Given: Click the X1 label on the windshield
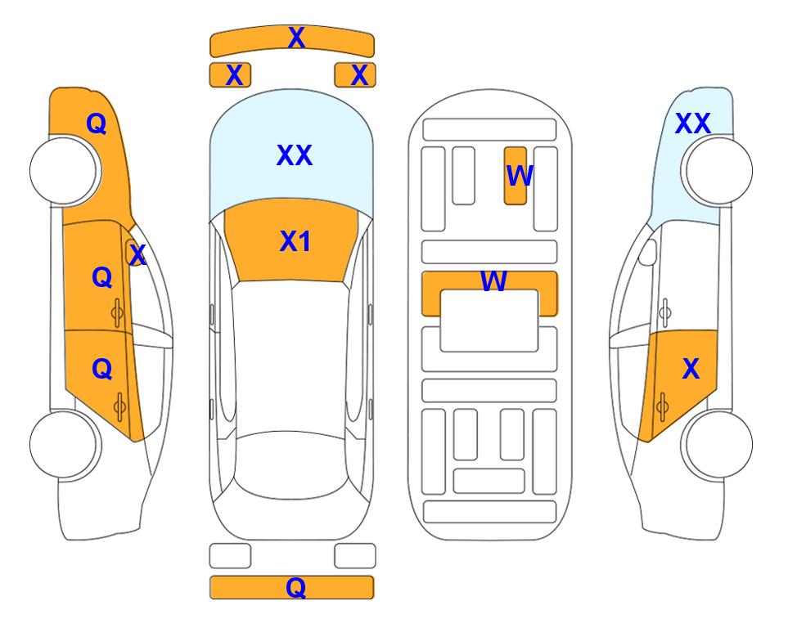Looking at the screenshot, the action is (x=295, y=241).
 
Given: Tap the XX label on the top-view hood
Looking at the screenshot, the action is (x=295, y=155).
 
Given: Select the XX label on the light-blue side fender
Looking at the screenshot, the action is (x=692, y=123).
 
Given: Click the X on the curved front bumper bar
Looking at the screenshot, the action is (x=296, y=38).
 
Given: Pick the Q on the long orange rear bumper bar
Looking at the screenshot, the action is (x=295, y=587).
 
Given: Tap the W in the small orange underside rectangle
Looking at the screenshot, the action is (x=519, y=175).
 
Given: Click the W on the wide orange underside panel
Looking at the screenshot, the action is (x=493, y=280).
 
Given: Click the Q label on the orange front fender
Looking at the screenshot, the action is (x=97, y=123).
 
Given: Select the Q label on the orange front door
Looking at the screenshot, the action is (x=102, y=277).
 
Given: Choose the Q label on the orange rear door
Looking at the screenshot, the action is (x=102, y=370).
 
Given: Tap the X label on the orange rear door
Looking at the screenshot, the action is (x=691, y=369).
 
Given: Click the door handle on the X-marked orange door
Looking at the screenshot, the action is (x=662, y=406).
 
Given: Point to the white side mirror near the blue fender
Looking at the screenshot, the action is (x=648, y=252).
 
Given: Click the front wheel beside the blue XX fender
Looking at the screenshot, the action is (x=717, y=171).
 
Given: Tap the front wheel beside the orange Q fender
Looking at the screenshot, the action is (x=65, y=171).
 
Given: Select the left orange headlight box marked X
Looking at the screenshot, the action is (x=230, y=75).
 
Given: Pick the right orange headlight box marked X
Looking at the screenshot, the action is (x=355, y=75).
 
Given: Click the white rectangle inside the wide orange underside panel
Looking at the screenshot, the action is (x=489, y=321).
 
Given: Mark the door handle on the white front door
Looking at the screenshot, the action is (x=665, y=312).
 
